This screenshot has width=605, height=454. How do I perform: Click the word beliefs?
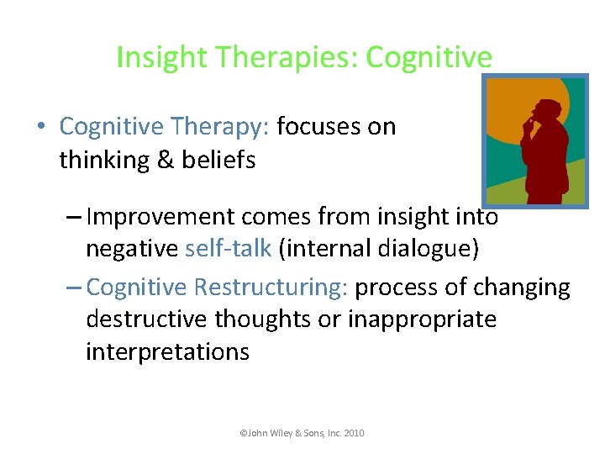218,160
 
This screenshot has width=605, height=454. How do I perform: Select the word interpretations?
167,351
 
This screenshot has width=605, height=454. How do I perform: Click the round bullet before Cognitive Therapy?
41,128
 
